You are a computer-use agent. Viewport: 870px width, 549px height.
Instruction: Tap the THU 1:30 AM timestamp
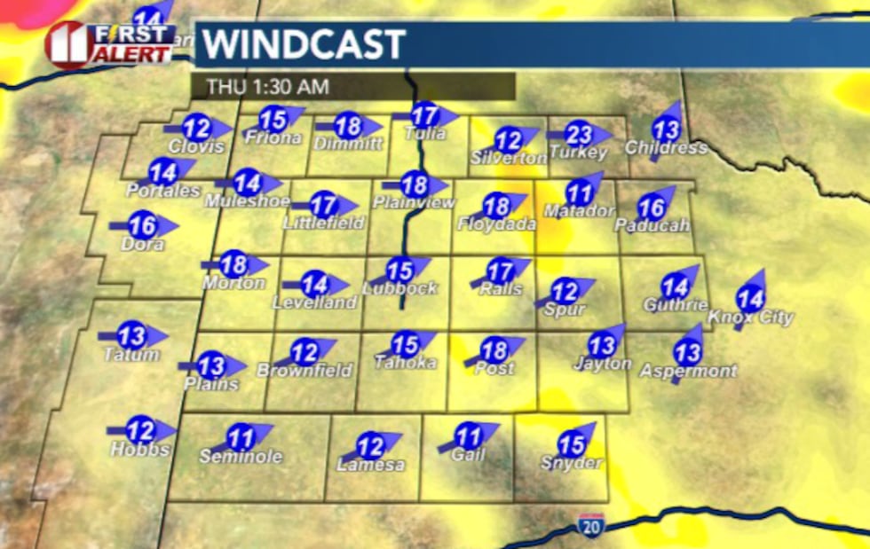[x=267, y=87]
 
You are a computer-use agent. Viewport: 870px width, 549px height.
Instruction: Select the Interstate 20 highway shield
[x=589, y=524]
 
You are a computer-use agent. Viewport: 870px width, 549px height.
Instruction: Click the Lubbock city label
[x=399, y=288]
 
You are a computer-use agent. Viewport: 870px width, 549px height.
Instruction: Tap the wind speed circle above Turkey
[x=579, y=136]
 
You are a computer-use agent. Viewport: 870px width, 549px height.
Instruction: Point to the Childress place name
[x=666, y=148]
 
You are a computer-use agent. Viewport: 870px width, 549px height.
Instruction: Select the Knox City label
[x=750, y=318]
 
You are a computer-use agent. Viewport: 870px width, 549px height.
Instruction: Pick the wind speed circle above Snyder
[x=573, y=443]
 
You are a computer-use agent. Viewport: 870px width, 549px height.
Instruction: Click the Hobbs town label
[x=139, y=450]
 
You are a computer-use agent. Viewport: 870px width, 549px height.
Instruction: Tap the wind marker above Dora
[x=142, y=225]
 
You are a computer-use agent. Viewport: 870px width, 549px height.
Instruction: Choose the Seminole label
[x=241, y=457]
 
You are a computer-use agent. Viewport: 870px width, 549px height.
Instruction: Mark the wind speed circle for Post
[x=494, y=349]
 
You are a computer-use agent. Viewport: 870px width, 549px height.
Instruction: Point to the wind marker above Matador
[x=579, y=192]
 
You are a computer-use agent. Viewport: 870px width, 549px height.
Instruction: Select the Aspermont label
[x=688, y=371]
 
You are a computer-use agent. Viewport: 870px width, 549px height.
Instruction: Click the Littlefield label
[x=324, y=223]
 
